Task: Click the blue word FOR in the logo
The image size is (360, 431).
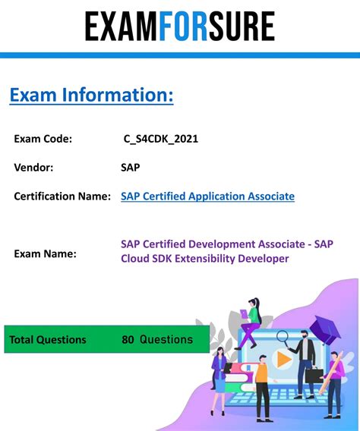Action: point(183,26)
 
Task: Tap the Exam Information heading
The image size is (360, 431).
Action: point(92,95)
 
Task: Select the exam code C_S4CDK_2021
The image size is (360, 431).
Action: point(161,139)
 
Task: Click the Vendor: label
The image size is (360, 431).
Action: point(33,168)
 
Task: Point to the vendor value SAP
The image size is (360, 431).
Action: point(131,168)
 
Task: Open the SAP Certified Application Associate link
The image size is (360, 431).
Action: point(207,197)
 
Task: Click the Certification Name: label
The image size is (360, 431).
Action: point(62,197)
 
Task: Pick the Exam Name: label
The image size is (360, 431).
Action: point(45,253)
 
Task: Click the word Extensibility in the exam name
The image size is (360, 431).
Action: point(205,259)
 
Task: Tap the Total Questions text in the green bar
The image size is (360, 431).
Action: point(48,340)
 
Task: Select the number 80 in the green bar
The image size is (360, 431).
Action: point(128,340)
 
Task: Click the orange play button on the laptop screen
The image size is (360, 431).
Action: point(283,359)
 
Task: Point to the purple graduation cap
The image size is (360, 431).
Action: point(324,329)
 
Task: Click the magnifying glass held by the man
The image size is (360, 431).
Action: point(283,338)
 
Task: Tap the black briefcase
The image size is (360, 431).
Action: point(314,375)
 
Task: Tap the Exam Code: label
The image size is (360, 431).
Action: point(43,139)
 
